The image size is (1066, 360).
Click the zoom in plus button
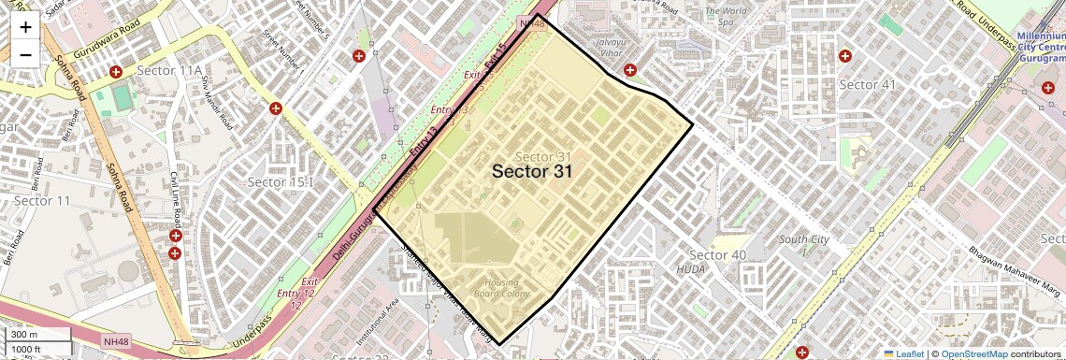[x=25, y=27]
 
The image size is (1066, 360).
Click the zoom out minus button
[x=25, y=54]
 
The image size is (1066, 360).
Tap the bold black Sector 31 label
[x=532, y=171]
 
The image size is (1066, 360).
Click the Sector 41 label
[x=867, y=84]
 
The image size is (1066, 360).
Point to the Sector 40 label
[x=717, y=255]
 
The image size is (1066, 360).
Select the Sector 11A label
[x=169, y=71]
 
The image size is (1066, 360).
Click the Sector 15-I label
[x=278, y=181]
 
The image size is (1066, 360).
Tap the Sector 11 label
[x=42, y=201]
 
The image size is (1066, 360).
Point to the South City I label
[x=804, y=245]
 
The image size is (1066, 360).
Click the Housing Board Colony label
[x=507, y=288]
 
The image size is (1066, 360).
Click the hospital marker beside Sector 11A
[x=116, y=72]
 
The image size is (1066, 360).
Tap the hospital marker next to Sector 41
[x=845, y=56]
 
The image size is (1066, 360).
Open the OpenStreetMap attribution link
[x=973, y=353]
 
